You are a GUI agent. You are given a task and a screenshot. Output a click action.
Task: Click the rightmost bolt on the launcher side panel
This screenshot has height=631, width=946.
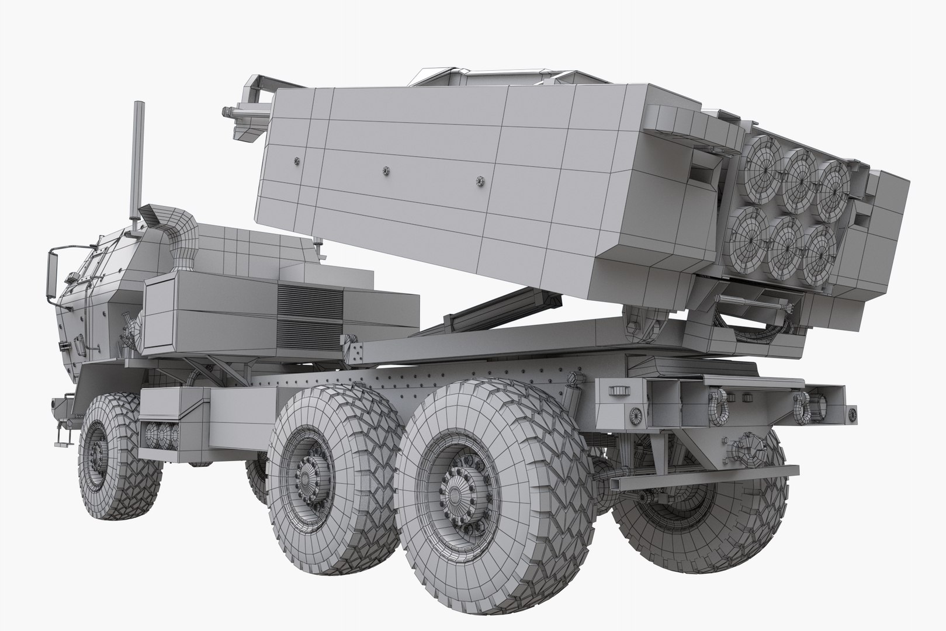click(481, 181)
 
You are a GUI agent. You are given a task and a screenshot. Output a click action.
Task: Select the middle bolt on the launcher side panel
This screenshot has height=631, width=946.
click(385, 171)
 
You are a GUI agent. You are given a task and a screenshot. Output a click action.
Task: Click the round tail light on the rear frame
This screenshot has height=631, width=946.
click(633, 413)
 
